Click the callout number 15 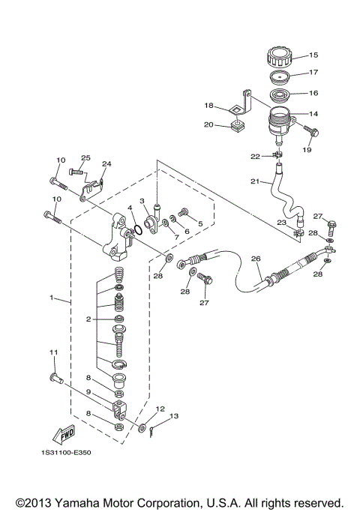(313, 55)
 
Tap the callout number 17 (313, 73)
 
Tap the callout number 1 (52, 298)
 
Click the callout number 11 (53, 352)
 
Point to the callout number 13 (174, 415)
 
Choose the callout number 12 (159, 409)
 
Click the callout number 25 (85, 158)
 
